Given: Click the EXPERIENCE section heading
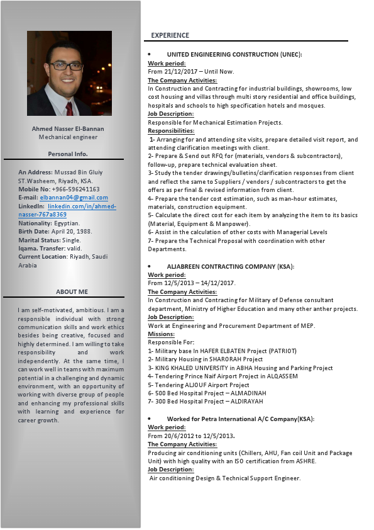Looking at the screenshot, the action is click(x=170, y=36).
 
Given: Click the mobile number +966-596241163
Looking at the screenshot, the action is click(x=77, y=189).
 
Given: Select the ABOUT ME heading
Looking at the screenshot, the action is click(x=72, y=292).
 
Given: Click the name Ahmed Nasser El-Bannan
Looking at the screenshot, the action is click(x=68, y=129).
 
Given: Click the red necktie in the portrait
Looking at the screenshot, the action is click(x=69, y=106).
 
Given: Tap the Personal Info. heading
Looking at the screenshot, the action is click(x=68, y=154).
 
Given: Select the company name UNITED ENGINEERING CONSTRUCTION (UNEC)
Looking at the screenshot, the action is click(x=234, y=55).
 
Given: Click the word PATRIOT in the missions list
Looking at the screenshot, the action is click(x=282, y=351).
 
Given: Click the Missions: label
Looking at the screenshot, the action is click(x=163, y=334).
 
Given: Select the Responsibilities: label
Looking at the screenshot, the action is click(x=171, y=131).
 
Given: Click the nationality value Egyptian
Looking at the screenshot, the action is click(x=67, y=223).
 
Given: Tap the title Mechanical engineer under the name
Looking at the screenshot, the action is click(x=68, y=137).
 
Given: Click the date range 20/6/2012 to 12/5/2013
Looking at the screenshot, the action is click(x=191, y=436).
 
